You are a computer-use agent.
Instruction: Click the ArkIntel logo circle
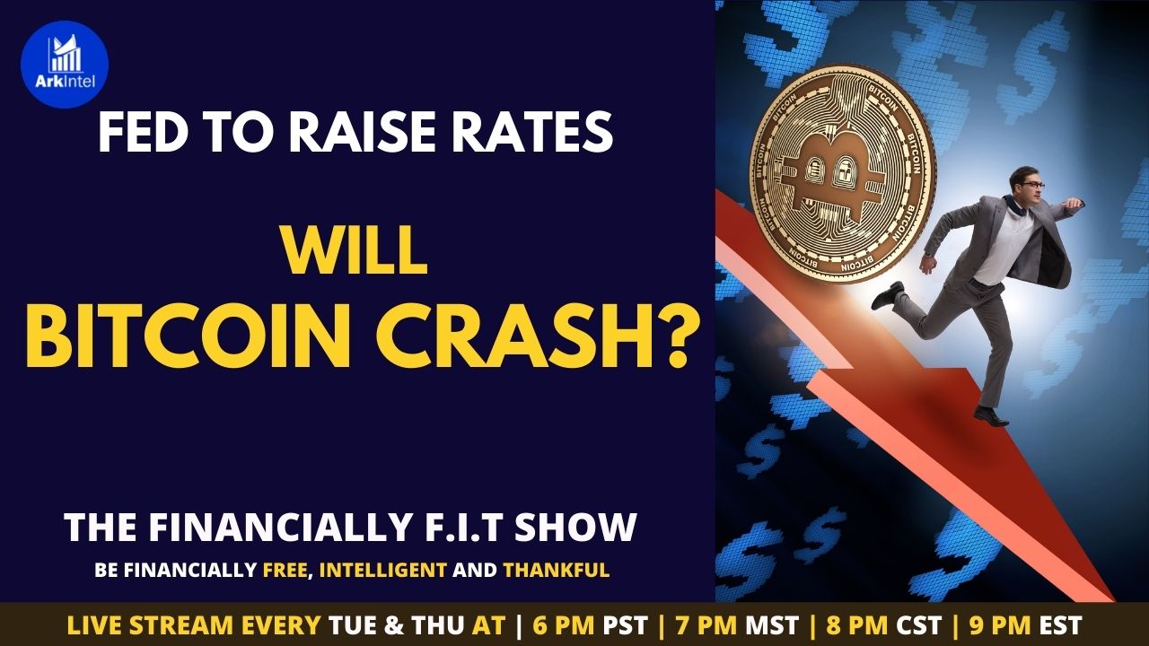click(65, 65)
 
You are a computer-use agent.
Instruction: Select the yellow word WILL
click(355, 252)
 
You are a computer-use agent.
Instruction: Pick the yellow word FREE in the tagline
click(286, 570)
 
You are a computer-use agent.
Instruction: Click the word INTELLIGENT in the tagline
click(382, 570)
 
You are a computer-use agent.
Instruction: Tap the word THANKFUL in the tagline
click(556, 570)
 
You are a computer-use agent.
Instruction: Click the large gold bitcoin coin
click(842, 173)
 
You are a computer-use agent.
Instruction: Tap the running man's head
click(1025, 186)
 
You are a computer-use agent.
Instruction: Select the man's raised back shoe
click(888, 295)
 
